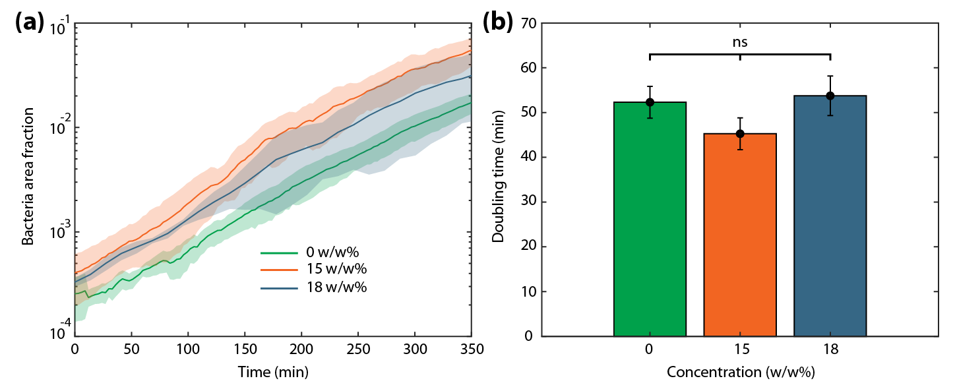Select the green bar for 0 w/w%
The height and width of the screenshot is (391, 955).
(650, 224)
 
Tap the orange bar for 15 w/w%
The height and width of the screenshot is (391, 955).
(739, 237)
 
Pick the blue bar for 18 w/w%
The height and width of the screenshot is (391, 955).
(830, 221)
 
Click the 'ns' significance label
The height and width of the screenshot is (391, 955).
(739, 42)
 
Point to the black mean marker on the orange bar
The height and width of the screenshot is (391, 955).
(740, 134)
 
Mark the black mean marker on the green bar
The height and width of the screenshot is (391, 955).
(650, 102)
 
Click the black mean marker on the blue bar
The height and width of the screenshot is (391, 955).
(830, 96)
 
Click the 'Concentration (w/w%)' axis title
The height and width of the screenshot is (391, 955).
(739, 373)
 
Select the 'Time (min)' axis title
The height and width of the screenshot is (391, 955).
(273, 373)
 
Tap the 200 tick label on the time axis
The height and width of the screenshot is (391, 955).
(301, 348)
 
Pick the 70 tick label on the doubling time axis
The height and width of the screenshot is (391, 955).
(528, 24)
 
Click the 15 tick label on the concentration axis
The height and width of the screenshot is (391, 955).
(739, 348)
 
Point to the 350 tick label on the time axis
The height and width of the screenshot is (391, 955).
(471, 348)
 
